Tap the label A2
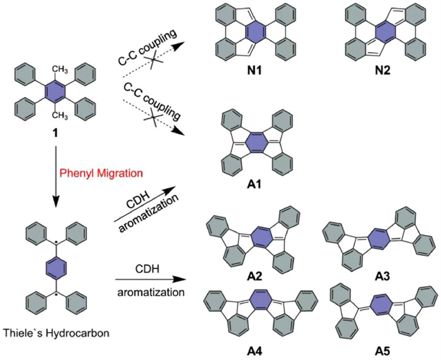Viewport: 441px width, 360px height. coord(255,277)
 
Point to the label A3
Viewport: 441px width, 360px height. coord(382,277)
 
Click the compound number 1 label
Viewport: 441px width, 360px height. coord(56,132)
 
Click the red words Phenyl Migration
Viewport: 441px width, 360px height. coord(101,173)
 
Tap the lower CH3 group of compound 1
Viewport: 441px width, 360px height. coord(60,115)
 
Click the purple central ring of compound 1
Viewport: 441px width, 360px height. coord(55,92)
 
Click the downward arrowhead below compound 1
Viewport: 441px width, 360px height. coord(55,201)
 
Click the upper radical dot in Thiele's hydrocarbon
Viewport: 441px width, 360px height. coord(56,242)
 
